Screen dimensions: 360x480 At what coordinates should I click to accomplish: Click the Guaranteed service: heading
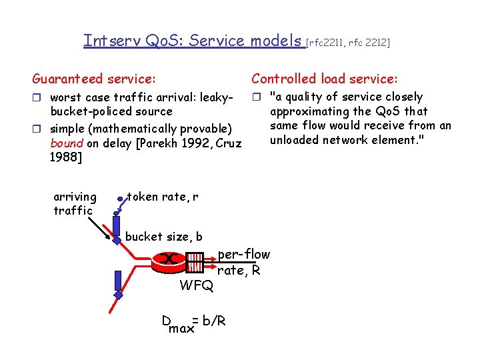coord(94,79)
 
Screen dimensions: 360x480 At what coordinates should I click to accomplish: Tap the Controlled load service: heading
coord(324,79)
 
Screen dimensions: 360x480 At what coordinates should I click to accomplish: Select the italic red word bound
coord(67,143)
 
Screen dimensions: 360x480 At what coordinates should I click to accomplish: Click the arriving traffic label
coord(75,204)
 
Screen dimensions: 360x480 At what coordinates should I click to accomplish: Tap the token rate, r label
coord(162,197)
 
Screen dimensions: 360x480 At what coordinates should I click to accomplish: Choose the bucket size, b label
coord(164,237)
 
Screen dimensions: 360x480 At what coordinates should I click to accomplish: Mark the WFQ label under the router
coord(197,286)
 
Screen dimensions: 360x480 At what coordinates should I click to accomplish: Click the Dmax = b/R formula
coord(193,322)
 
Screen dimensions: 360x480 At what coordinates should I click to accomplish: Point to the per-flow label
coord(244,254)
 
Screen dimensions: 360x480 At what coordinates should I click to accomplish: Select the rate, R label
coord(239,270)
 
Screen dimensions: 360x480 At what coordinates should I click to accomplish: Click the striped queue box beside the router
coord(195,262)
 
